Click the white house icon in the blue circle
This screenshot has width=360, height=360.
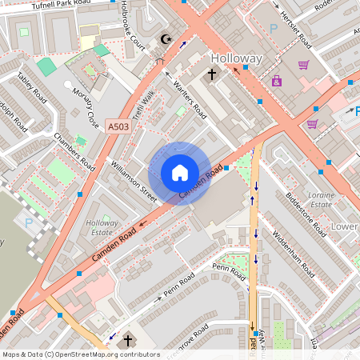180,173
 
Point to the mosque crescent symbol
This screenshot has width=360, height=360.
167,39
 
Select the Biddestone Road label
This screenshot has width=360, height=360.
306,214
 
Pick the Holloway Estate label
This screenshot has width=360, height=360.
102,228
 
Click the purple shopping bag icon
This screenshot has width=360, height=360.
277,81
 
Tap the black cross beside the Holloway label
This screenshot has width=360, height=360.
212,74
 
